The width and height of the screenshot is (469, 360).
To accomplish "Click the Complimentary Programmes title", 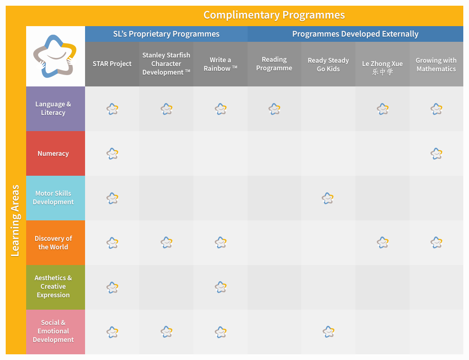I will [x=274, y=15].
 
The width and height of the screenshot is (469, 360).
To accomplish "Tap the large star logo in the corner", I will [x=55, y=57].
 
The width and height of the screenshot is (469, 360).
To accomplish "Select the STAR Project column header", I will [x=112, y=64].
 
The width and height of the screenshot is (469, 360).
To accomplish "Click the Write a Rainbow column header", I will [x=220, y=64].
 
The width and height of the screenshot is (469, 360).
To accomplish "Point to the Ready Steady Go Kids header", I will [x=328, y=65].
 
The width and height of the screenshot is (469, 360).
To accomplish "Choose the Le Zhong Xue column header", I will [x=382, y=67].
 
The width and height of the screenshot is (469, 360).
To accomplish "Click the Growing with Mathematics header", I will [x=436, y=65].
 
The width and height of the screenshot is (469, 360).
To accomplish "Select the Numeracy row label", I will [x=53, y=153].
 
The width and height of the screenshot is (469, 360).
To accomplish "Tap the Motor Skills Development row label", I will [x=53, y=198].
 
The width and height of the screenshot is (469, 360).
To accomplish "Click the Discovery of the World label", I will [x=53, y=243].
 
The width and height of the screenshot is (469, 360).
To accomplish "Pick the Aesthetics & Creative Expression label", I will [x=53, y=286].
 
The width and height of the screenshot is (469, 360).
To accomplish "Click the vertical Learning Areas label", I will [x=16, y=220].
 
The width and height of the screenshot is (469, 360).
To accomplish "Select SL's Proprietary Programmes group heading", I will [x=166, y=34].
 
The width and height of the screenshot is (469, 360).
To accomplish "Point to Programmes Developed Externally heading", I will [x=355, y=34].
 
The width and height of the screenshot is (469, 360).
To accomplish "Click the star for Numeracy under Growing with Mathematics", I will [x=436, y=153].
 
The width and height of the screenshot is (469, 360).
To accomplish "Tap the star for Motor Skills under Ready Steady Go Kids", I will [x=328, y=198].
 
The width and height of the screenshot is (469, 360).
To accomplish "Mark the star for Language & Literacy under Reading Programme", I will [x=274, y=109].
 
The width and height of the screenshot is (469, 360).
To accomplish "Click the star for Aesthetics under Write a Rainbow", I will [x=220, y=287].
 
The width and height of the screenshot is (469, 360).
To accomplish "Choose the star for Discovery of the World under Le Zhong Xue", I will [x=383, y=243].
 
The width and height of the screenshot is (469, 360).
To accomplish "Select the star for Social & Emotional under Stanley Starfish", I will [x=166, y=332].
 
